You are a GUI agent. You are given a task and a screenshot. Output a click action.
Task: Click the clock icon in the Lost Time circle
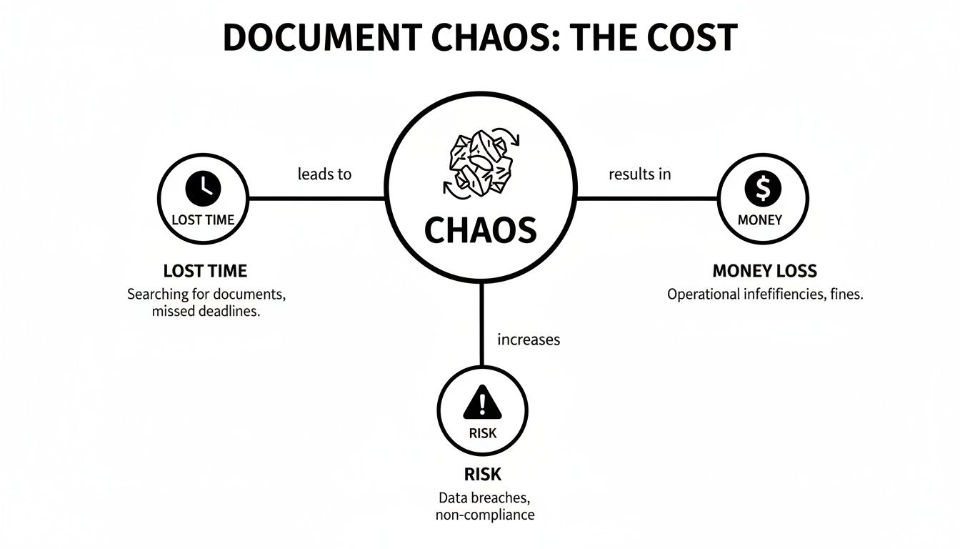coord(204,189)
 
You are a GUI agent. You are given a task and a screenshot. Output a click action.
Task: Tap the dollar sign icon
coord(763,189)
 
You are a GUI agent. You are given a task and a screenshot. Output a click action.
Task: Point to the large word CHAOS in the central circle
coord(481,229)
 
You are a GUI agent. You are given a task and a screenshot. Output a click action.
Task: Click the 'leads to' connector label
coord(325,174)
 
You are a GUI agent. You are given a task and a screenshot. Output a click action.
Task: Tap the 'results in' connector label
coord(639,174)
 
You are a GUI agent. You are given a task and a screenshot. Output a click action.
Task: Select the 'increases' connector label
coord(529,340)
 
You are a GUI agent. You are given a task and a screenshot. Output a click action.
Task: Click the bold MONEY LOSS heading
coord(764,271)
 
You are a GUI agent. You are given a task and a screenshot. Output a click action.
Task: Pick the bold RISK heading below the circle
coord(484,474)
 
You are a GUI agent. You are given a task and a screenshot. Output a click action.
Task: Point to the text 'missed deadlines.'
coord(206,312)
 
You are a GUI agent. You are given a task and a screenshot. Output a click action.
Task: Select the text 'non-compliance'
coord(484,515)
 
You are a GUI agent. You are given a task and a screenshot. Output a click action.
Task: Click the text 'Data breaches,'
coord(484,497)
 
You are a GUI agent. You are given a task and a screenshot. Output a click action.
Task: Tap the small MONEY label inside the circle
coord(760,220)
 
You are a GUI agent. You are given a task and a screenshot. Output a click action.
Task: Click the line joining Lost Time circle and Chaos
coord(318,198)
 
